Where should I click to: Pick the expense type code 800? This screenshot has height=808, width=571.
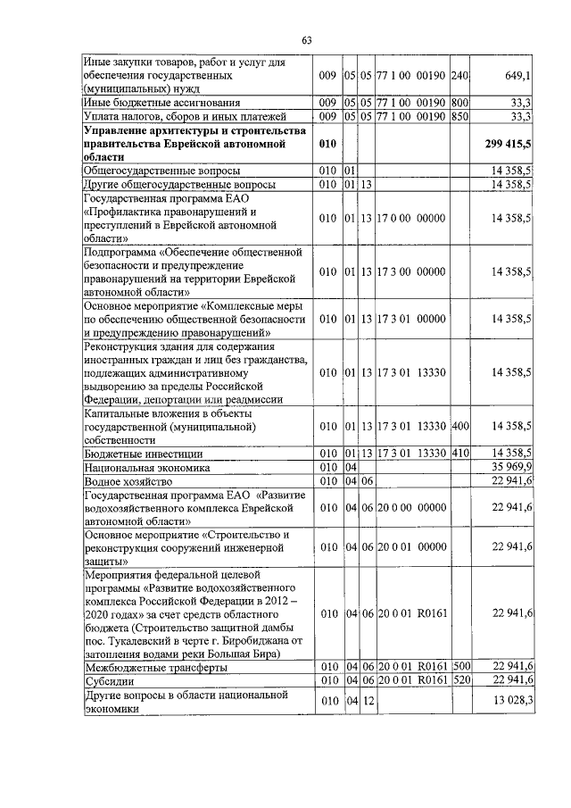click(x=460, y=103)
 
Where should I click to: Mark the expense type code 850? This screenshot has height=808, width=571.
click(x=460, y=116)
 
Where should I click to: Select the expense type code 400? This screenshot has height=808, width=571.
click(x=460, y=426)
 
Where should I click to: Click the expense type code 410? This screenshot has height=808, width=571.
click(x=460, y=454)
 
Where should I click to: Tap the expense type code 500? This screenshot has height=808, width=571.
click(x=460, y=667)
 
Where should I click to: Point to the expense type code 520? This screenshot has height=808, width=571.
click(x=460, y=680)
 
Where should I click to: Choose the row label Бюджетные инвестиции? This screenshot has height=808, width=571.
click(x=136, y=454)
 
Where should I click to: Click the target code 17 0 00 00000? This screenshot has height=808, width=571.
click(x=411, y=217)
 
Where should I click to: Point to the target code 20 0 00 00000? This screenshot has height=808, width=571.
click(x=411, y=507)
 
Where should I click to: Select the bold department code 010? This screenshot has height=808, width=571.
click(x=327, y=143)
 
